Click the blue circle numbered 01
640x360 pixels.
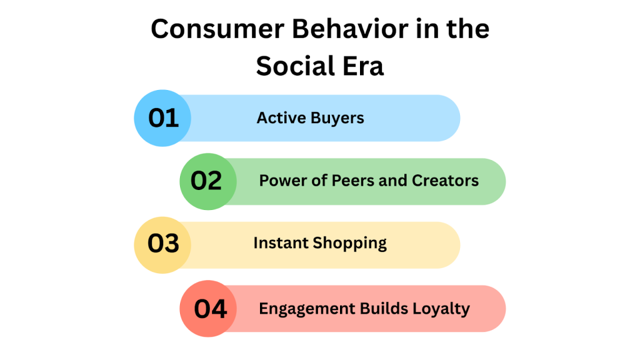[x=163, y=118]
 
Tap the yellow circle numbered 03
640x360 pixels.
[x=163, y=244]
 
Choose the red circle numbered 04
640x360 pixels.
[x=208, y=309]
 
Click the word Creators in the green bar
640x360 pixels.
[x=445, y=181]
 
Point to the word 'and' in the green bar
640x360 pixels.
[x=391, y=181]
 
